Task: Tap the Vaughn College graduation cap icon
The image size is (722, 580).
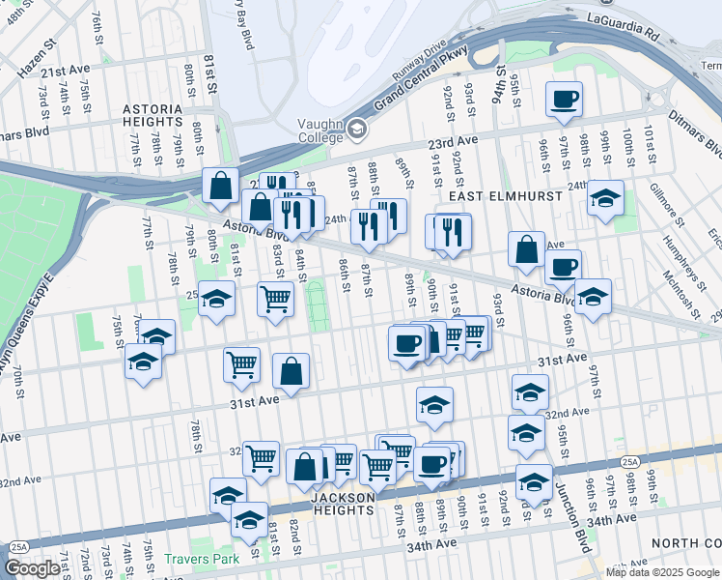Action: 356,129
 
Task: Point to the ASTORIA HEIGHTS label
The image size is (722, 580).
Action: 153,116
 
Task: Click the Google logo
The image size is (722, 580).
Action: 32,568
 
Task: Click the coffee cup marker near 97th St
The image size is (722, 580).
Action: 564,98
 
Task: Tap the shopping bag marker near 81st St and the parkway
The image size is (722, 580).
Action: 221,185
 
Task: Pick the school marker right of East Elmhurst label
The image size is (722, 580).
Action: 605,198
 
